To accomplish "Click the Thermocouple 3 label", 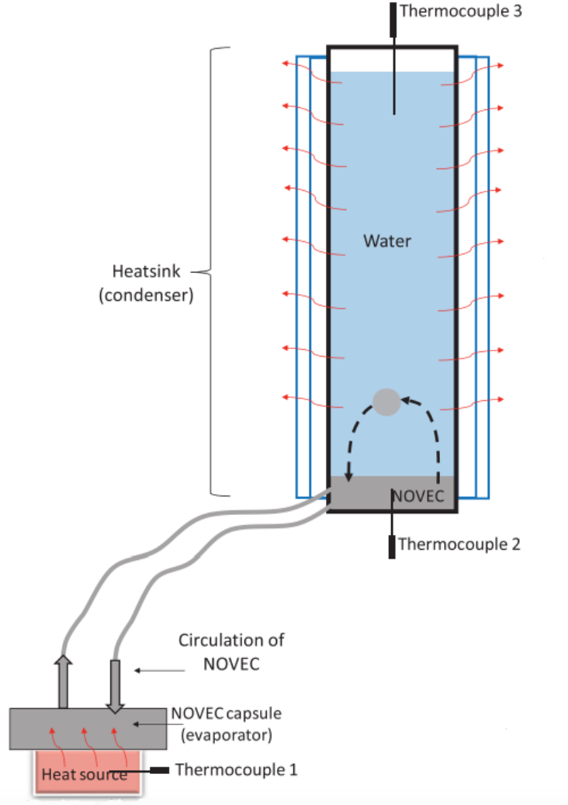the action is [461, 11].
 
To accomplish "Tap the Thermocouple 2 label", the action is [459, 544].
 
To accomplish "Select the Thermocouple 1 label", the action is [236, 769].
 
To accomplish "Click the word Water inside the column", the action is [387, 240].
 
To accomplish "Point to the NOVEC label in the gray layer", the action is [418, 496].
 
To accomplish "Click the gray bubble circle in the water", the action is [386, 402].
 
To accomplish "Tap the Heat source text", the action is [85, 774].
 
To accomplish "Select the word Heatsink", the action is [147, 271].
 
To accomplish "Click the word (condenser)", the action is [147, 295].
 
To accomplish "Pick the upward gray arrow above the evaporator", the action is [63, 682].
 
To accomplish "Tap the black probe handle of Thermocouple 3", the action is [393, 19].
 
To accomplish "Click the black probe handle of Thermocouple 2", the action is [392, 547].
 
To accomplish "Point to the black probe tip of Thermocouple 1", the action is [159, 770].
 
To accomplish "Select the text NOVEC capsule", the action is [227, 713].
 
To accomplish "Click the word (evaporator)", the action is [227, 735].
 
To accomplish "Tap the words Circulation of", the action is [231, 641].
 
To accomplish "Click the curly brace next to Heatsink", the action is [211, 271].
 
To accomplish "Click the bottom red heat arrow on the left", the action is [312, 402].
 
